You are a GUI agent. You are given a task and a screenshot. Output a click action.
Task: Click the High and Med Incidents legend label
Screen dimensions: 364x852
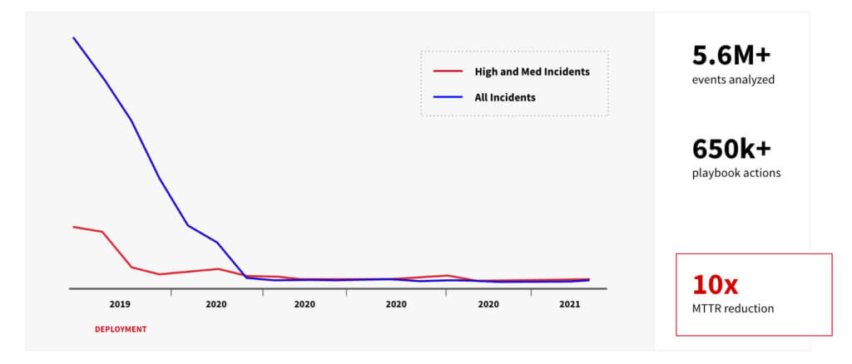click(x=532, y=71)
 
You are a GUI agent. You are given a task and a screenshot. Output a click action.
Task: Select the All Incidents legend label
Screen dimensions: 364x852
click(x=504, y=97)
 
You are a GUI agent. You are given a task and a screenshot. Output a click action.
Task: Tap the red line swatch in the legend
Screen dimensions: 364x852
click(x=448, y=71)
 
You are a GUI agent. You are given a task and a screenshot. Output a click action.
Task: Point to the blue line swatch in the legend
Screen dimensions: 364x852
click(x=448, y=97)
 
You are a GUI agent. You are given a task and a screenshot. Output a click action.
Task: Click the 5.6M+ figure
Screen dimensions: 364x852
click(x=731, y=56)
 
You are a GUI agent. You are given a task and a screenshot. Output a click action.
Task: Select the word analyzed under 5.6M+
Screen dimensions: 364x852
click(x=750, y=81)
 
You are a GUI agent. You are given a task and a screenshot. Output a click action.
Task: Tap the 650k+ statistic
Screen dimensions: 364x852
click(x=731, y=150)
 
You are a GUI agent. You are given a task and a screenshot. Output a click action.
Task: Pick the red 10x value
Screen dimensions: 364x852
click(x=715, y=285)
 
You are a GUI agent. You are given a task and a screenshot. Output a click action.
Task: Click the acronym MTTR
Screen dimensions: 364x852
click(x=707, y=309)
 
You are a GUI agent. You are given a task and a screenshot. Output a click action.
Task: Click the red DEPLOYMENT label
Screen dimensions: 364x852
click(x=120, y=329)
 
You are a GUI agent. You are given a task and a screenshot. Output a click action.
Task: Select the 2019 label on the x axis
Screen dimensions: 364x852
click(x=120, y=304)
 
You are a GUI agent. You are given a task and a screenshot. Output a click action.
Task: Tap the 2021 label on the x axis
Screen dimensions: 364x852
click(x=569, y=304)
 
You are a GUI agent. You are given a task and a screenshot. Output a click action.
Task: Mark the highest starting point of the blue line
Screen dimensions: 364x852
click(x=73, y=37)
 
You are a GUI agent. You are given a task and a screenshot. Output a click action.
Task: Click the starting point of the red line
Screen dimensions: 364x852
click(x=73, y=226)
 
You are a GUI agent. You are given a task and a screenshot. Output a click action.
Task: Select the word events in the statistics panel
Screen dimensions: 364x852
click(x=707, y=81)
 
